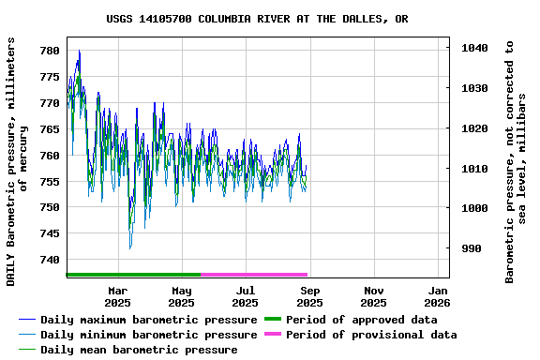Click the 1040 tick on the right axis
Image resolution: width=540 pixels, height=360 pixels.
tap(475, 48)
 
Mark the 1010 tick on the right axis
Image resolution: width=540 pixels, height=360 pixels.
tap(475, 169)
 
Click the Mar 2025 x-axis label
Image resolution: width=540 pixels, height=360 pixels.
tap(117, 296)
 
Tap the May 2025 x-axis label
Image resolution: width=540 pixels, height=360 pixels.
tap(181, 296)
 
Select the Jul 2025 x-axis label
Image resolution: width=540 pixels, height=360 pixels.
tap(245, 296)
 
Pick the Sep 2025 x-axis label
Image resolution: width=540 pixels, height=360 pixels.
tap(309, 296)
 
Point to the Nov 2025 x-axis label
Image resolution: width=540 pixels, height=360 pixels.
tap(373, 296)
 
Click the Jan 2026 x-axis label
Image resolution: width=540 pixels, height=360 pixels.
tap(437, 296)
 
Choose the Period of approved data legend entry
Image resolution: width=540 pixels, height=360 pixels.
tap(362, 320)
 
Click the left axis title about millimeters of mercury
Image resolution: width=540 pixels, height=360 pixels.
tap(17, 161)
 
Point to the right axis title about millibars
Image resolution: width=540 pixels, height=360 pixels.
tap(516, 161)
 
